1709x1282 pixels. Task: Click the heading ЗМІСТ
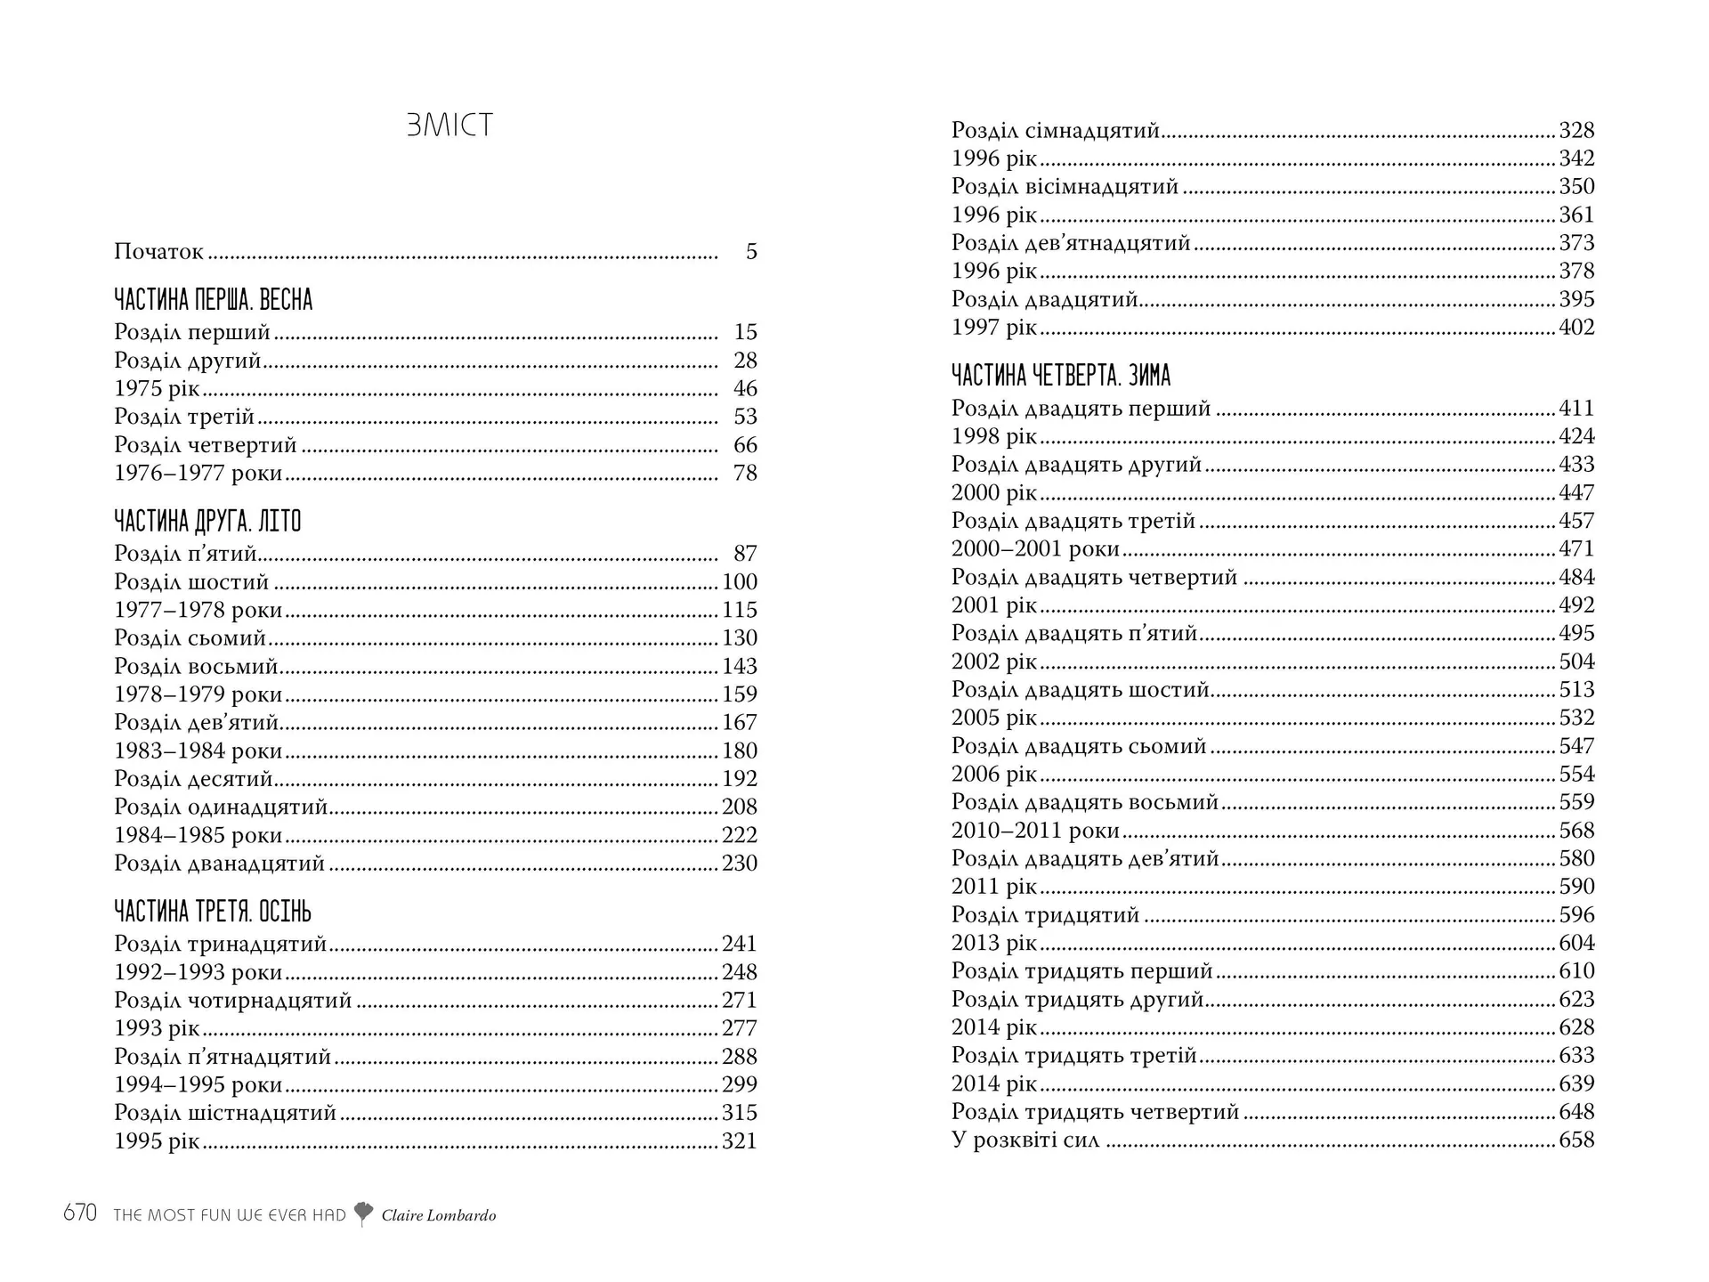click(x=450, y=126)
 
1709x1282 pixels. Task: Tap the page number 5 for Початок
click(x=751, y=252)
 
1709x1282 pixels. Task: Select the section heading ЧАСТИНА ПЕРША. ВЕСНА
click(x=214, y=300)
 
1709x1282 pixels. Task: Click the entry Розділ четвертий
click(x=206, y=445)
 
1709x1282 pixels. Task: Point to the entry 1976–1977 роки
click(x=198, y=473)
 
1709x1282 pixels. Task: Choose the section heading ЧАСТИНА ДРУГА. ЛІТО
click(x=208, y=522)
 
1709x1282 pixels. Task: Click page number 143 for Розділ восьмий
click(x=739, y=666)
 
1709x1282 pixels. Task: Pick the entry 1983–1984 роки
click(x=198, y=751)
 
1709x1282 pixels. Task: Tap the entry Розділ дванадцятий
click(x=220, y=864)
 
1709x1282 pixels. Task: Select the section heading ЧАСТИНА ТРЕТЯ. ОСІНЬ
click(x=213, y=912)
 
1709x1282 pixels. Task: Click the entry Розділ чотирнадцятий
click(x=233, y=1001)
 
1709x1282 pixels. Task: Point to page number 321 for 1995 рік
click(x=739, y=1141)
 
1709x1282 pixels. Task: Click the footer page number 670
click(x=80, y=1213)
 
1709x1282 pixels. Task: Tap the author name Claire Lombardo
click(x=439, y=1215)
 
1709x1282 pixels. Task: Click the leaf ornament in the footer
click(x=363, y=1213)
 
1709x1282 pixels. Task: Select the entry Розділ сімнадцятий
click(x=1056, y=131)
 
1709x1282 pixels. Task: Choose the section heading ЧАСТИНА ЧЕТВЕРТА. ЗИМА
click(x=1061, y=376)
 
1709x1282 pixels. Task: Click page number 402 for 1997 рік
click(x=1576, y=328)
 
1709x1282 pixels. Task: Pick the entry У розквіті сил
click(x=1025, y=1140)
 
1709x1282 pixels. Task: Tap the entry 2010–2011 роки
click(x=1035, y=831)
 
